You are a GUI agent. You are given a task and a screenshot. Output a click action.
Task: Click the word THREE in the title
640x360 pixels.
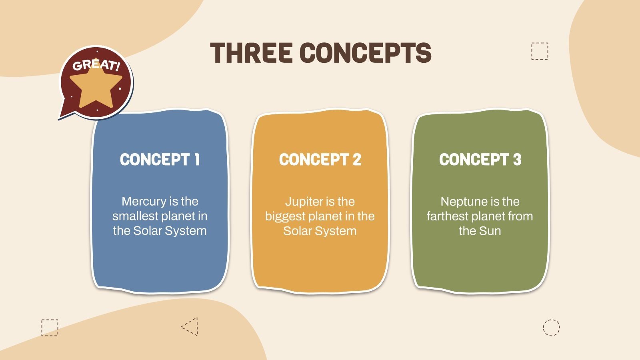[x=252, y=52]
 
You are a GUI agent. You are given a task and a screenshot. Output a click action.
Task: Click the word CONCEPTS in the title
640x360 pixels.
[x=366, y=52]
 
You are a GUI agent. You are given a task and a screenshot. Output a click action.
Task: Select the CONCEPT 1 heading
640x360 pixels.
[x=160, y=160]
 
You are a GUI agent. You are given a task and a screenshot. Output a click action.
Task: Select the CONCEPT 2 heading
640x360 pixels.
[x=320, y=160]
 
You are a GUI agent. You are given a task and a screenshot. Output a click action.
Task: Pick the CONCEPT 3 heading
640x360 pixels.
[x=480, y=160]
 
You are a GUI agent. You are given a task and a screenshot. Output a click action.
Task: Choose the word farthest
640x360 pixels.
[x=448, y=216]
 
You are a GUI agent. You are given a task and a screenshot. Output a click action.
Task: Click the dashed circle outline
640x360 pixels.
[x=551, y=328]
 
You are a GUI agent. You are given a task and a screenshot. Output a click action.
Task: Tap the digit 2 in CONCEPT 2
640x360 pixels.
[x=356, y=160]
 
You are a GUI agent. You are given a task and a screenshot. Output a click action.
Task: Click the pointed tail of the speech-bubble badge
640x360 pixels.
[x=60, y=117]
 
